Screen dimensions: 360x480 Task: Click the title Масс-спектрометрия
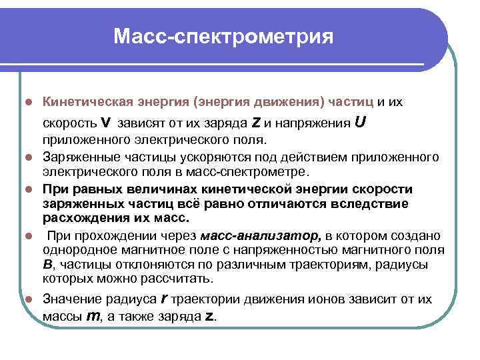223,35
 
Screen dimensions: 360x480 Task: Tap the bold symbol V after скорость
106,123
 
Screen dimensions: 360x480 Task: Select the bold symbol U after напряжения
360,123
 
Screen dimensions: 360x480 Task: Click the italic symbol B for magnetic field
47,264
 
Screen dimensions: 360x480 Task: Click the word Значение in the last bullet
70,300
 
